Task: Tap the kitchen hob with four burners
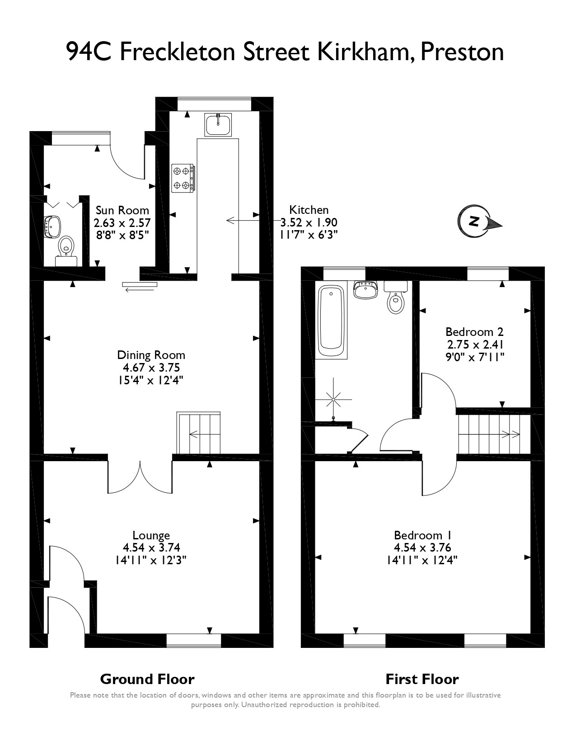click(x=183, y=178)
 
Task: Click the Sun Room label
click(x=122, y=210)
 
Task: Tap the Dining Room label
click(x=151, y=355)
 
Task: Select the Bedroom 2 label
click(x=474, y=331)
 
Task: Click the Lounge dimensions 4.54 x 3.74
click(x=151, y=548)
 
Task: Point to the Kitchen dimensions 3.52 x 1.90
click(x=309, y=222)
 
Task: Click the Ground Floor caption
click(x=147, y=679)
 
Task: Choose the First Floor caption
click(x=422, y=679)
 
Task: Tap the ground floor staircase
click(x=199, y=433)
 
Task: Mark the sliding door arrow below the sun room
click(x=139, y=286)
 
